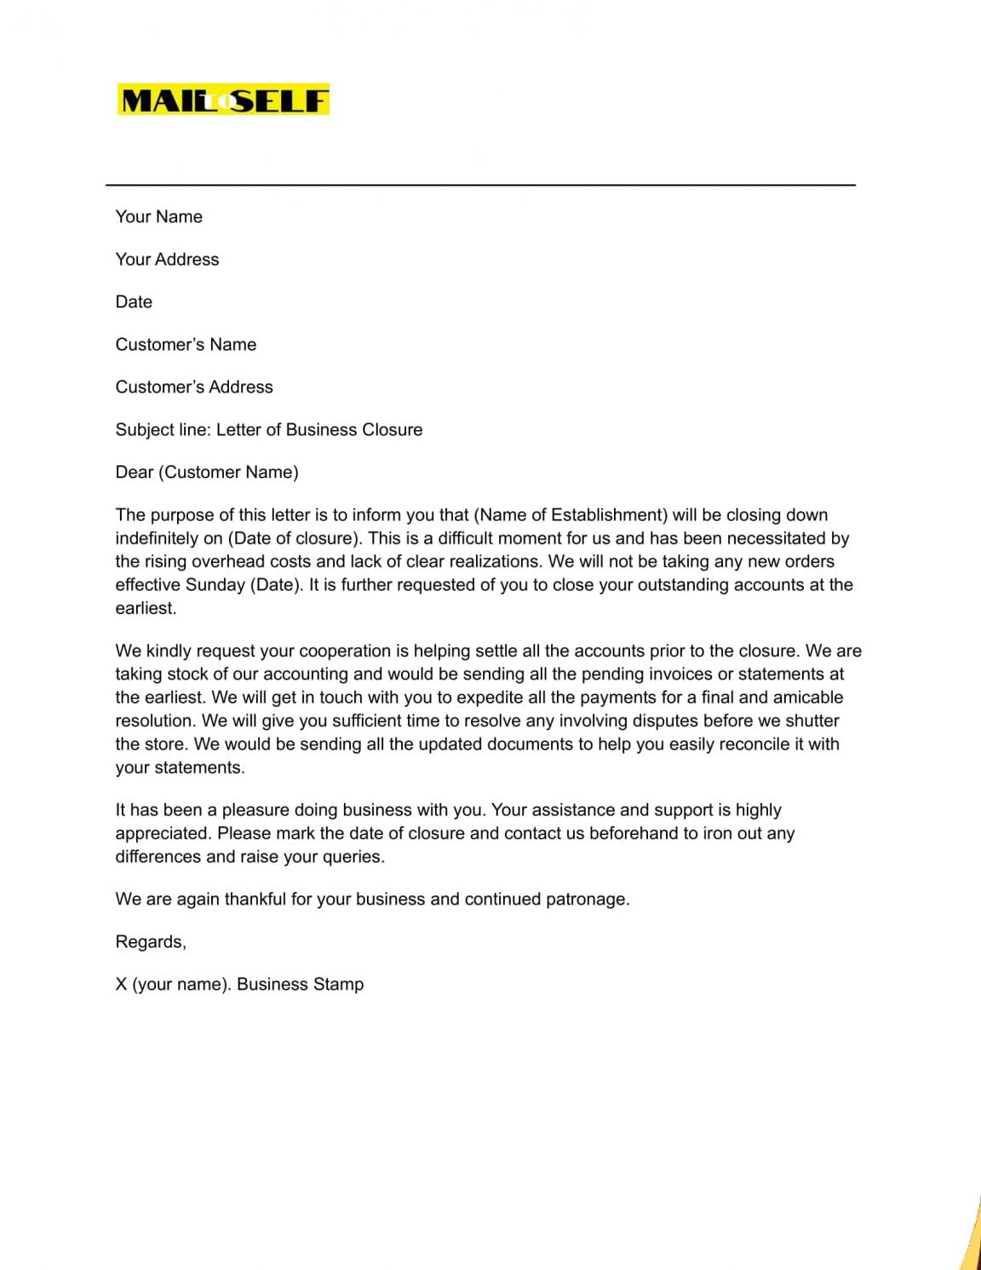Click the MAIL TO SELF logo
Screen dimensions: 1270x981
[x=223, y=101]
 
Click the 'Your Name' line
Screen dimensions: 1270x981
[x=159, y=216]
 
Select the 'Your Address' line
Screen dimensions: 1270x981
[x=167, y=259]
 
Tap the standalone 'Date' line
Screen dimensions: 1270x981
[x=134, y=302]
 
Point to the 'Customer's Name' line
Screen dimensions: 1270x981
[x=186, y=344]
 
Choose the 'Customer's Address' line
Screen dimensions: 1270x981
[x=194, y=387]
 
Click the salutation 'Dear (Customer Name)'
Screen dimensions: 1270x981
[x=207, y=472]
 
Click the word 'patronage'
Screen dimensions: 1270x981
[x=587, y=899]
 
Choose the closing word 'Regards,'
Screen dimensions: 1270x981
[x=151, y=941]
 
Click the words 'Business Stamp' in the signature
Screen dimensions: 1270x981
[x=300, y=984]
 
